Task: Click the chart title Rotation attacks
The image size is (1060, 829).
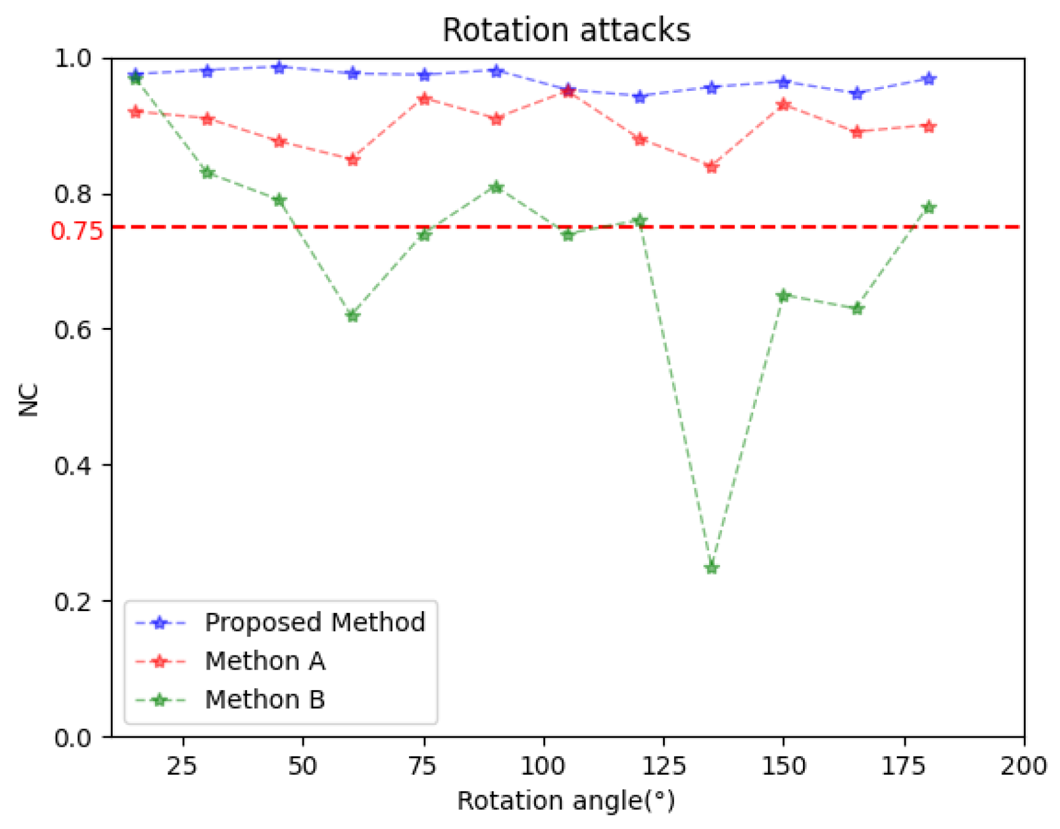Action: click(566, 30)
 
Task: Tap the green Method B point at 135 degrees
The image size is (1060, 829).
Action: click(711, 568)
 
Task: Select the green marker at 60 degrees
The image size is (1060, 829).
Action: click(352, 316)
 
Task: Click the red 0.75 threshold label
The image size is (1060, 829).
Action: click(76, 232)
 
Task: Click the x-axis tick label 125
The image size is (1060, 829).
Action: click(663, 766)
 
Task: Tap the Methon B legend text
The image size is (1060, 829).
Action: click(265, 700)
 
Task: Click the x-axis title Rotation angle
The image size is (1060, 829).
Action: click(566, 800)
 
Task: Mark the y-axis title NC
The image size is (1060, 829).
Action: click(29, 399)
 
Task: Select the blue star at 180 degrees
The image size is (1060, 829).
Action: click(929, 79)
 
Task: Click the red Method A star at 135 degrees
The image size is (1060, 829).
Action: click(711, 167)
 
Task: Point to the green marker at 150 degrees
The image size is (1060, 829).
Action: click(784, 296)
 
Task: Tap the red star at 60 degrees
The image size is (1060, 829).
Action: click(352, 160)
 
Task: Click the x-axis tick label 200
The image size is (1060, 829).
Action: click(1023, 766)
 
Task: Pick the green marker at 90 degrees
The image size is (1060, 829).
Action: click(496, 187)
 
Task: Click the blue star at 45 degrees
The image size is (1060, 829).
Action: click(279, 67)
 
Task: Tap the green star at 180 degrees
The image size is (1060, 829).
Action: click(929, 207)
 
